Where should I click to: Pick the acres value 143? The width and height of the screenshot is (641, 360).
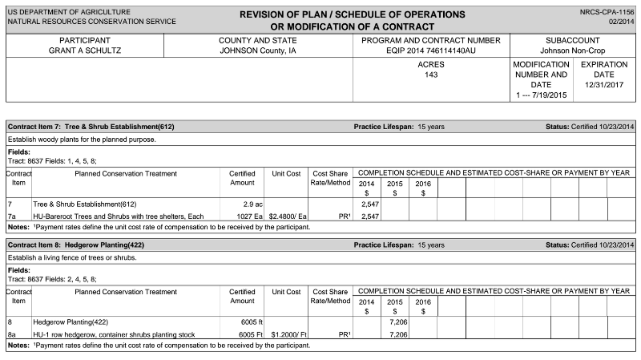(431, 75)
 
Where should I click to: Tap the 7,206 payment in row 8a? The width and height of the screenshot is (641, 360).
(393, 334)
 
